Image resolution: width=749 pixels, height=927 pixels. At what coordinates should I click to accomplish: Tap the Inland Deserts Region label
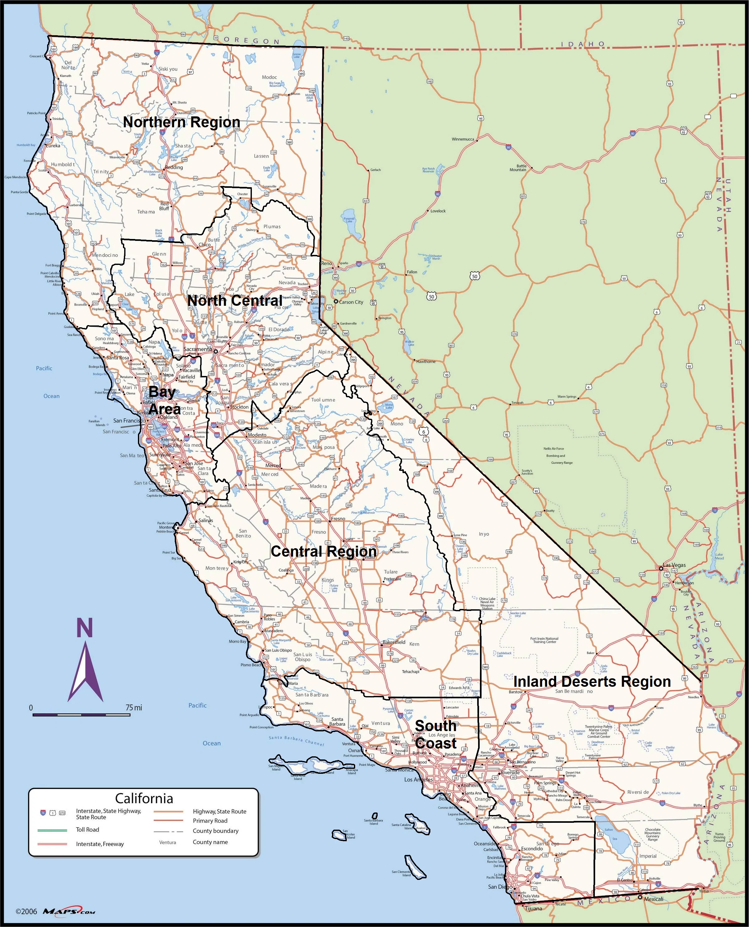(592, 681)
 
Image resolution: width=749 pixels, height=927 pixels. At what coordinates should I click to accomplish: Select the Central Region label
(324, 551)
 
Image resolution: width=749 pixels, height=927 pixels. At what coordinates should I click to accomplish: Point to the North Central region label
(235, 301)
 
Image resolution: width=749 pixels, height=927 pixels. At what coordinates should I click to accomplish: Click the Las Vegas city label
(674, 565)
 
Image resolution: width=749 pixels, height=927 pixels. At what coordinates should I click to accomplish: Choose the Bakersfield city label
(394, 642)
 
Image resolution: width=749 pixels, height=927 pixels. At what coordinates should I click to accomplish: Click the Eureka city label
(53, 146)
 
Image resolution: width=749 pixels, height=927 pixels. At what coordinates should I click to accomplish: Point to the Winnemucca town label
(463, 139)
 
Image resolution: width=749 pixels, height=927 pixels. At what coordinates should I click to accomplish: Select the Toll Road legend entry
(88, 830)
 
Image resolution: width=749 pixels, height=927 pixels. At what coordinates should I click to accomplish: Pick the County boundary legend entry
(215, 831)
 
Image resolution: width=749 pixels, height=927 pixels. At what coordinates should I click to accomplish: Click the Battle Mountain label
(518, 168)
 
